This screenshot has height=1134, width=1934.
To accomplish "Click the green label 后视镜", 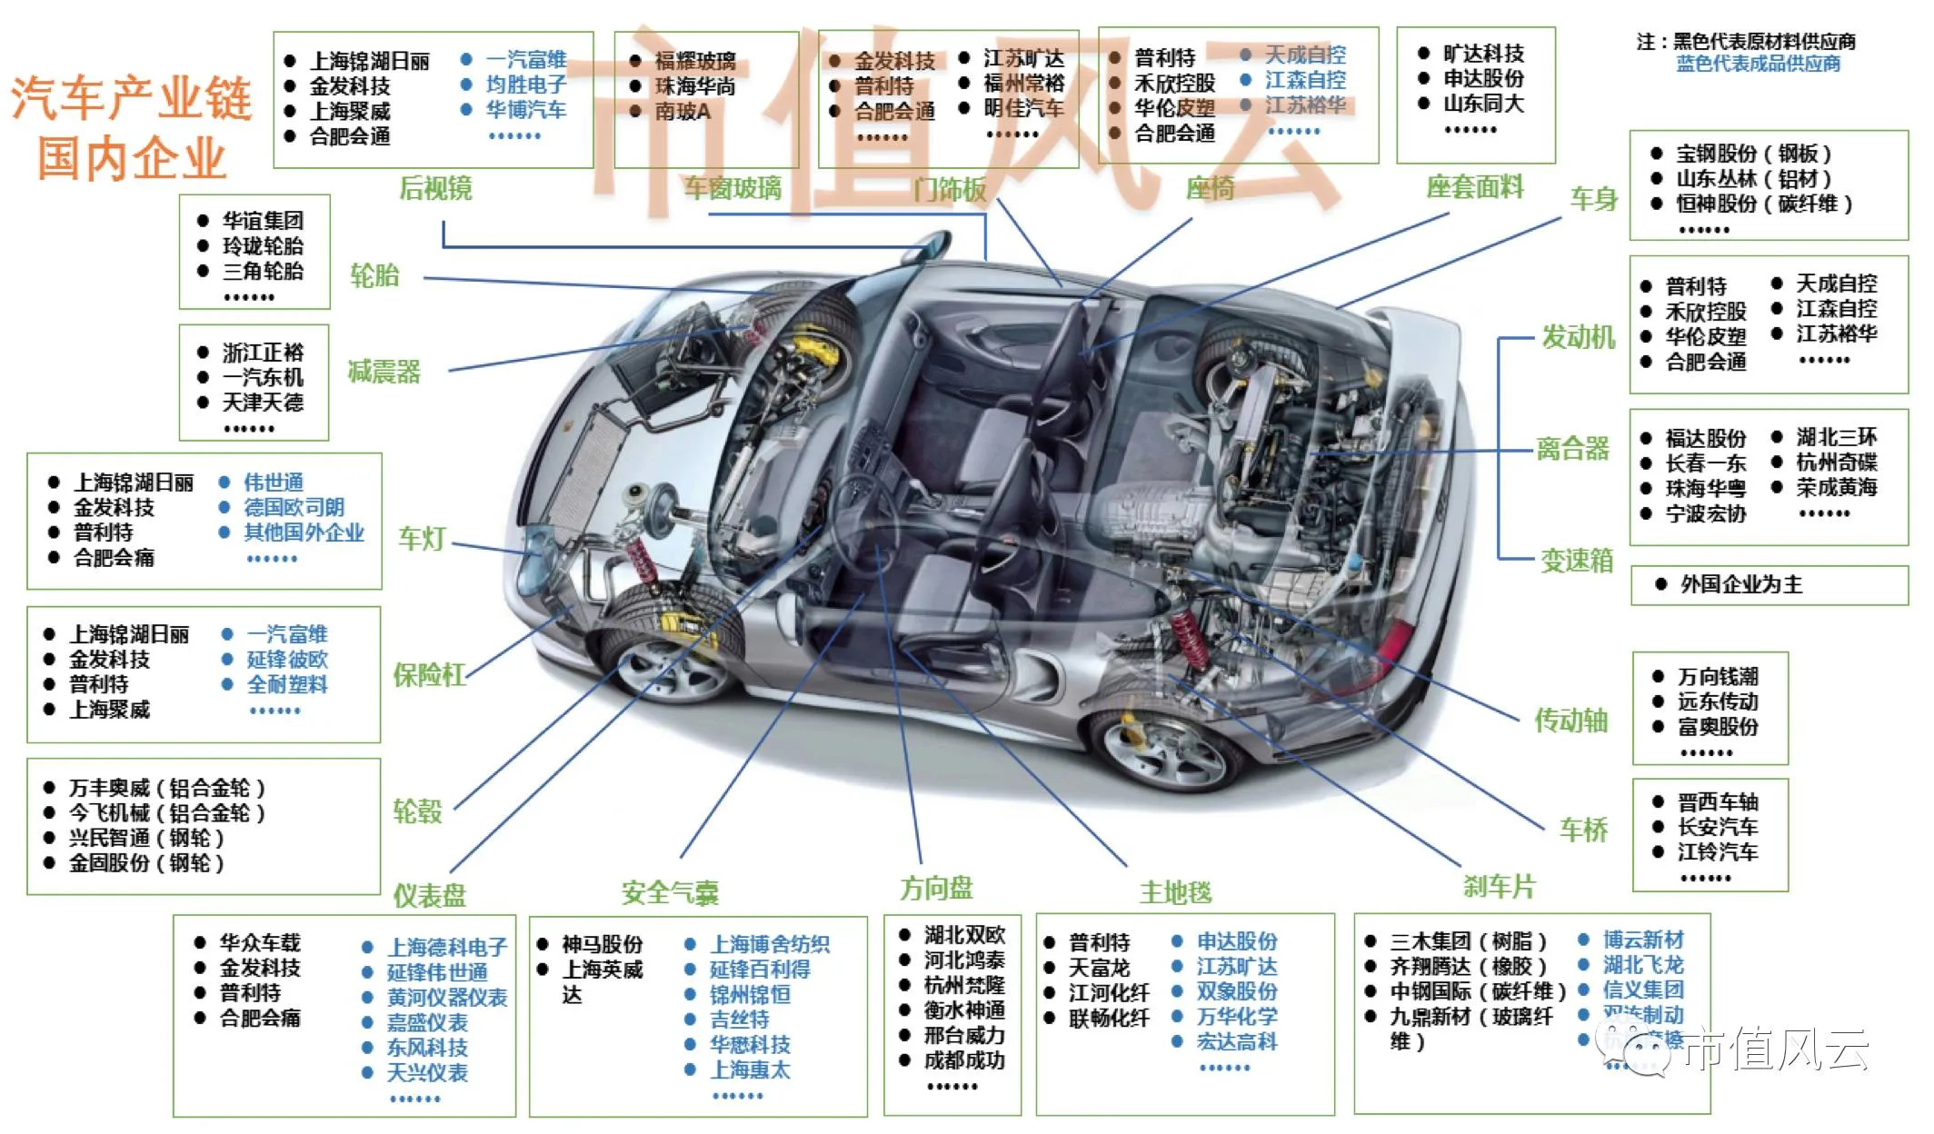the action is (435, 188).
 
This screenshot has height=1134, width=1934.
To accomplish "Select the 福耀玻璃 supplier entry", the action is (694, 61).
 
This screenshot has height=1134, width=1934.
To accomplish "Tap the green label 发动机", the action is (1578, 337).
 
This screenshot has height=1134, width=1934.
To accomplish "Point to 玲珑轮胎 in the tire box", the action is (263, 245).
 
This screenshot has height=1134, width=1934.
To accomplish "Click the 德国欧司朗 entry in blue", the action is (294, 507).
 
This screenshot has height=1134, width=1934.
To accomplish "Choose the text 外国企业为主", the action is (1740, 584).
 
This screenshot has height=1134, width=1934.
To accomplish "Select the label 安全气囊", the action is (670, 892).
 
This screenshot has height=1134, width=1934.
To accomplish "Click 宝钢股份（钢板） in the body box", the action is (1753, 154).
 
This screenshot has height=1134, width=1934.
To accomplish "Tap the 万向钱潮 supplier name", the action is (1717, 676).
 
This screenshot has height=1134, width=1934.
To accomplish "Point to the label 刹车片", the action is (1499, 886).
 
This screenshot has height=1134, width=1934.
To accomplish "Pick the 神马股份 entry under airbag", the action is (602, 944).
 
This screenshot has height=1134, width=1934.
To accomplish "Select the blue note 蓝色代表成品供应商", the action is (1758, 64).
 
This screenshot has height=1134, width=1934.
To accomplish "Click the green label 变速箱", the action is (1577, 561).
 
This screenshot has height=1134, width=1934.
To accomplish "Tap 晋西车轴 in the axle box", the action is (1717, 801).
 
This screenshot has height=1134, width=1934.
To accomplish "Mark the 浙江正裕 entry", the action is (263, 352).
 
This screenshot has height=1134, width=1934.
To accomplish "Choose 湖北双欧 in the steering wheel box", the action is (963, 935).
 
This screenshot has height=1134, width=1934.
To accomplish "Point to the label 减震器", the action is (384, 372).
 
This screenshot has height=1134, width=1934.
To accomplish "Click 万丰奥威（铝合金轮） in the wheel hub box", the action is (166, 787).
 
